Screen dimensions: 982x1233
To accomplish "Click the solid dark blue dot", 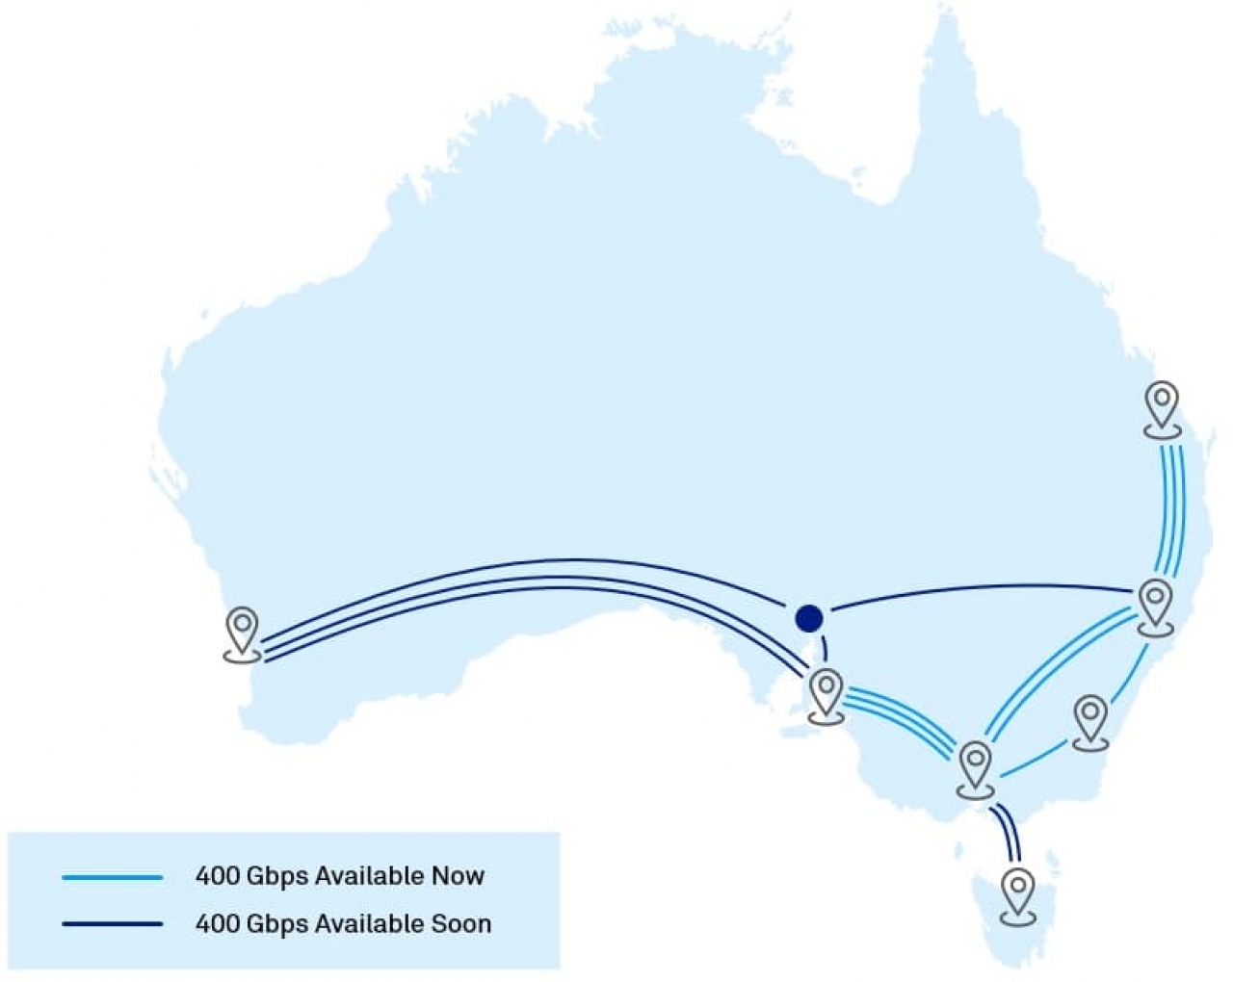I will [809, 618].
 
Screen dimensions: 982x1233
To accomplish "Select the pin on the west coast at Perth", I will [242, 632].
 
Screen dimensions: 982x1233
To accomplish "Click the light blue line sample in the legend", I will [112, 877].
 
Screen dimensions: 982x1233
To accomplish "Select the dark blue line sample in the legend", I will [112, 924].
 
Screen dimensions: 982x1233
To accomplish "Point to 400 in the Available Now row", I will [218, 876].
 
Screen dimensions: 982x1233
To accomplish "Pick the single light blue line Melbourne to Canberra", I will [1036, 761].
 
